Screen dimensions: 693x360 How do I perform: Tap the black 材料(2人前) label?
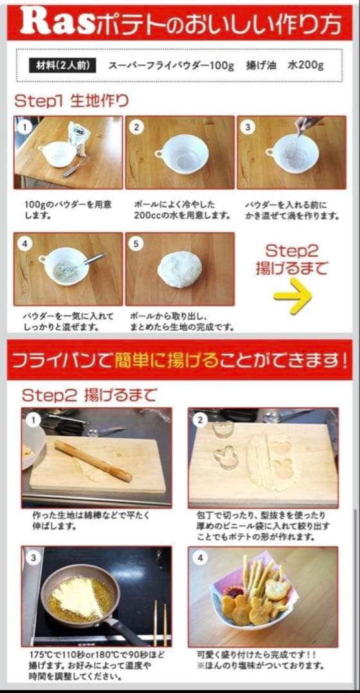[x=63, y=65]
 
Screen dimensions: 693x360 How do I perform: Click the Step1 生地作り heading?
[x=71, y=101]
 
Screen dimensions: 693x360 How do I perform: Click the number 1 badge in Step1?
[x=24, y=127]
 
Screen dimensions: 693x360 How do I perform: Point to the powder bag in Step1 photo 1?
[x=79, y=136]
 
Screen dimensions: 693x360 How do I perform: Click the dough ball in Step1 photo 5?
[x=180, y=268]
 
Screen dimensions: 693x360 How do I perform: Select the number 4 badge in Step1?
[x=24, y=244]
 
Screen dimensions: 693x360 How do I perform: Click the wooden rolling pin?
[x=92, y=460]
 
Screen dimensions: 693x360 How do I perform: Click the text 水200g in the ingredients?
[x=306, y=65]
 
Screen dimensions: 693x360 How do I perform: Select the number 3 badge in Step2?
[x=33, y=558]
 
